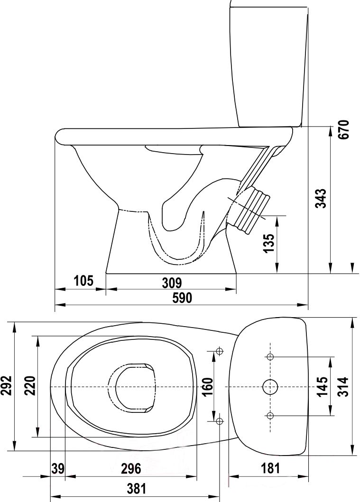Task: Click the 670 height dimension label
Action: pos(344,129)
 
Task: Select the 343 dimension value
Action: pos(321,199)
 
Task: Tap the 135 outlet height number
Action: pos(269,243)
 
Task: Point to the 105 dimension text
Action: pos(83,281)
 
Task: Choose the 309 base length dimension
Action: pos(172,283)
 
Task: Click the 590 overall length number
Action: pos(182,298)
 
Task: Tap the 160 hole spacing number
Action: pos(208,387)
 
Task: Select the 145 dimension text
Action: pos(322,387)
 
